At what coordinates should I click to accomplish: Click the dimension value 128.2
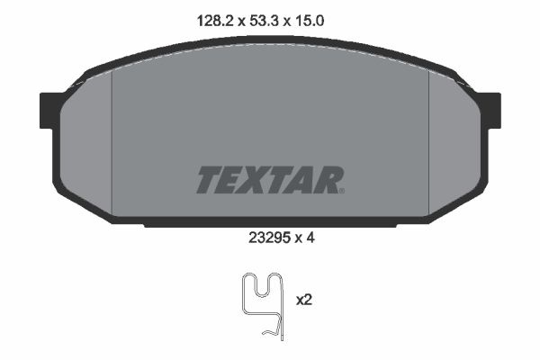215,22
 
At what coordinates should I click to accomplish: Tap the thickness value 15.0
309,22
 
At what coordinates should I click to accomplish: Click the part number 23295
268,238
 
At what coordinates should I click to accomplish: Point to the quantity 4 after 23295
310,238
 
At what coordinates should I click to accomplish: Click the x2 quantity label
304,300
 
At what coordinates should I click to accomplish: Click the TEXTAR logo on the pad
270,180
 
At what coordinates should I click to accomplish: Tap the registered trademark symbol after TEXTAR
342,191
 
